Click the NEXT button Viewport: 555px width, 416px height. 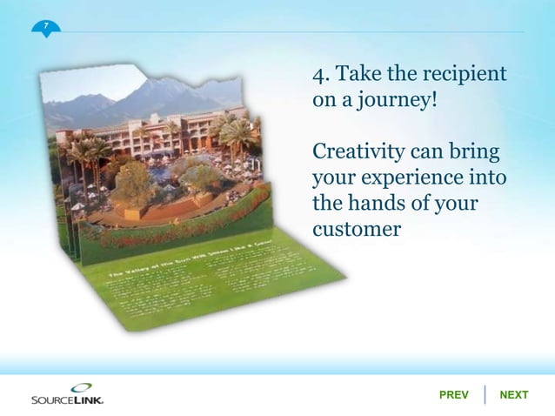tap(513, 395)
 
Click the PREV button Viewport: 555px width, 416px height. tap(453, 395)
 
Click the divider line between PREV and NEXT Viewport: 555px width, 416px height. tap(484, 394)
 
